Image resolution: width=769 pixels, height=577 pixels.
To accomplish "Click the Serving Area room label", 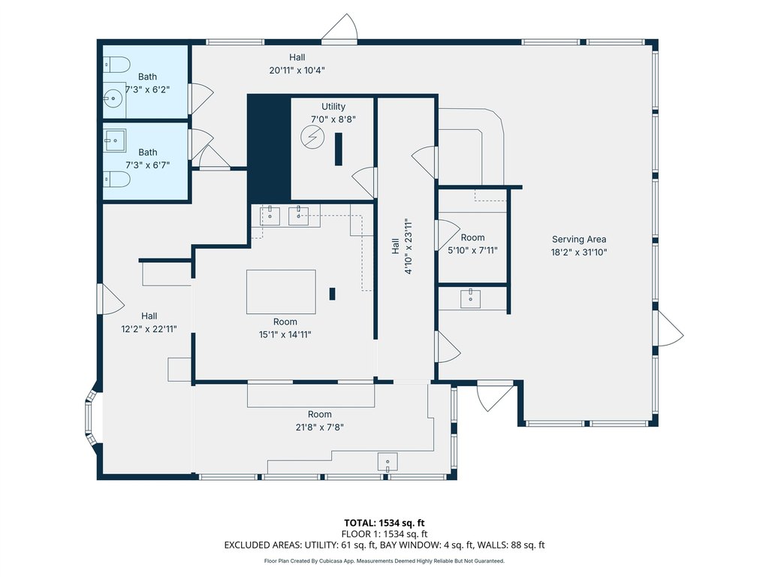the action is coord(579,240).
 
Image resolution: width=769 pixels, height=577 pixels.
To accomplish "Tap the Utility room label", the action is coord(333,107).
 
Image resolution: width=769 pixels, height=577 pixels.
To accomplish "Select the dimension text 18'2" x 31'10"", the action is coord(579,252).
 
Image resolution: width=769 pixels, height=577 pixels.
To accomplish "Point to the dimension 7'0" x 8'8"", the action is coord(333,119).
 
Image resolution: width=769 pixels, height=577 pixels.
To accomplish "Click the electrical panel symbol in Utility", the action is coord(312,137).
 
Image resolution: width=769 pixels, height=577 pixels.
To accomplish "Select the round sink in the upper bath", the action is coord(114,98).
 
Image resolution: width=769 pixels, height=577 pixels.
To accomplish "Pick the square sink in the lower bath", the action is coord(115,140).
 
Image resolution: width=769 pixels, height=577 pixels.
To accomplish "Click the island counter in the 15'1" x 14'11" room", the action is coord(281,292).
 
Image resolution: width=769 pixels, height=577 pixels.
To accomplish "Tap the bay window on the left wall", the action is coord(90,418).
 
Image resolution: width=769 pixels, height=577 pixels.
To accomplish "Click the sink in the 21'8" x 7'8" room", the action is coord(388,462).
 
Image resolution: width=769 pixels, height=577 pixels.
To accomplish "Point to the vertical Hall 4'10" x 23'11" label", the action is coord(403,246).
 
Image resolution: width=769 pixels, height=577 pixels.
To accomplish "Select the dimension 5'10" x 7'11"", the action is coord(473,250).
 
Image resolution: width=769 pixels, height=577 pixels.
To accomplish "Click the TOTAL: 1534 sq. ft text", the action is coord(384,523).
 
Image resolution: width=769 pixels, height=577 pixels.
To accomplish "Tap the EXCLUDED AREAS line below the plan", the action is coord(384,545).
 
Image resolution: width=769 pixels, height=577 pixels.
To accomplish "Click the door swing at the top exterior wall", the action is coord(339,28).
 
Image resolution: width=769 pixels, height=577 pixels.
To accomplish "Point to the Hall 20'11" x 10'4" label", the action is coord(297,64).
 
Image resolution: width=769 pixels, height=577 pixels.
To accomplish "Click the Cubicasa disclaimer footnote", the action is coord(384,560).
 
